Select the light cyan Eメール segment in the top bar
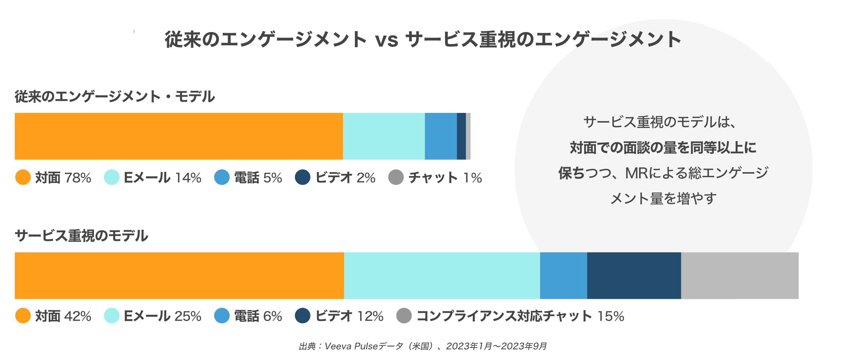click(x=384, y=136)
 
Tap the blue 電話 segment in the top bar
click(x=441, y=136)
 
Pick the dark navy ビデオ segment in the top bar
click(x=461, y=136)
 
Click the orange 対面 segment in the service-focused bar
click(x=179, y=275)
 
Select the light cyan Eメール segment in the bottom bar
click(x=442, y=275)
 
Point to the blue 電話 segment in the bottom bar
click(x=563, y=275)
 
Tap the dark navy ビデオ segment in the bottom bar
click(x=634, y=275)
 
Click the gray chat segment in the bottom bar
click(x=740, y=275)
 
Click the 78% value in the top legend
click(x=78, y=178)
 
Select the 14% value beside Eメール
click(x=188, y=178)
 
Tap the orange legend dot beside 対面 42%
click(x=23, y=316)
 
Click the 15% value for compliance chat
click(x=610, y=316)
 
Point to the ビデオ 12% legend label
click(x=349, y=316)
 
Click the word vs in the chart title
click(x=386, y=40)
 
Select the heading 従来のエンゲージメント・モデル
click(x=114, y=96)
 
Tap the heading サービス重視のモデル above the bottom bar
click(x=81, y=235)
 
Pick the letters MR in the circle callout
click(x=636, y=173)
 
